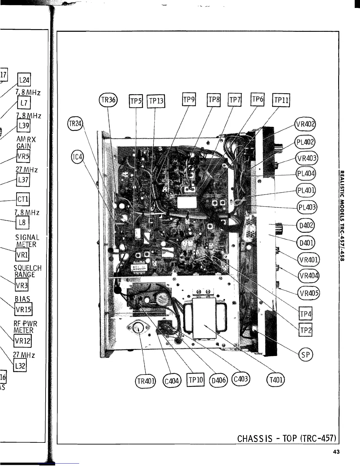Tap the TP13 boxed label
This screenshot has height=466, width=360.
tap(156, 101)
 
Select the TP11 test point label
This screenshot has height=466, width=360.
tap(281, 101)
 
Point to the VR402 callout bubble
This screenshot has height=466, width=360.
tap(305, 123)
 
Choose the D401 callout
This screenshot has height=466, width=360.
tap(306, 243)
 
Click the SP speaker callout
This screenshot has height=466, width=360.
tap(306, 355)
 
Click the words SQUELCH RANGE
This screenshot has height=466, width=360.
tap(27, 271)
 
